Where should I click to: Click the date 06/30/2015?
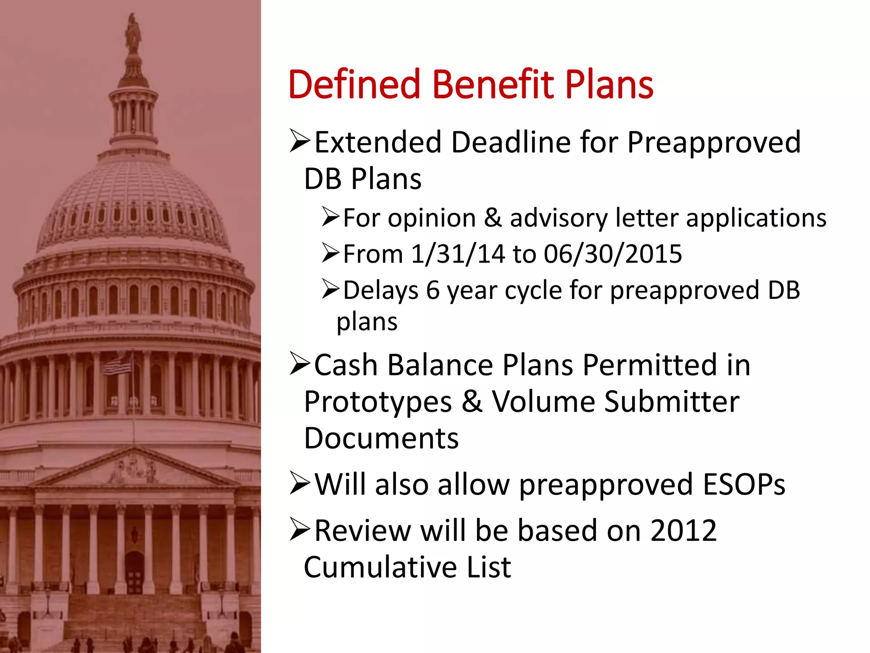(x=613, y=254)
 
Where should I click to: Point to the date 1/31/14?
(x=458, y=254)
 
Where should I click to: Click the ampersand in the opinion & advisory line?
(x=493, y=218)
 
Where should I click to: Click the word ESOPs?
(x=744, y=484)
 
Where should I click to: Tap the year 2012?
(x=684, y=531)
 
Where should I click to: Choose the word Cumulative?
(x=380, y=567)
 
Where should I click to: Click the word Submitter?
(x=672, y=402)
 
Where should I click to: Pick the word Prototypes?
(x=378, y=403)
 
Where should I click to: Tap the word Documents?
(x=381, y=439)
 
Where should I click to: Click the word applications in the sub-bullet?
(x=756, y=218)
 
